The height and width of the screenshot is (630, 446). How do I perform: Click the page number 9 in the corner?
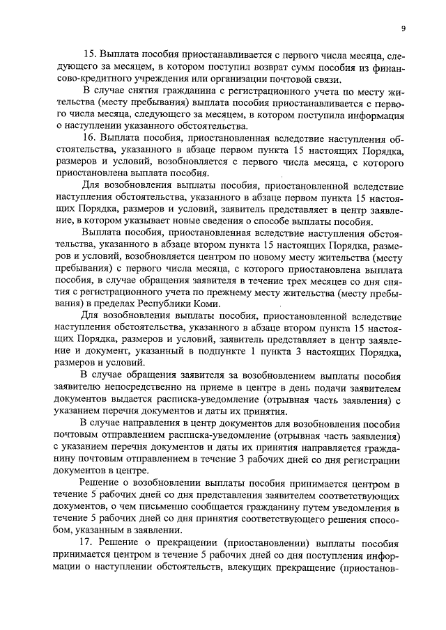(404, 29)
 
